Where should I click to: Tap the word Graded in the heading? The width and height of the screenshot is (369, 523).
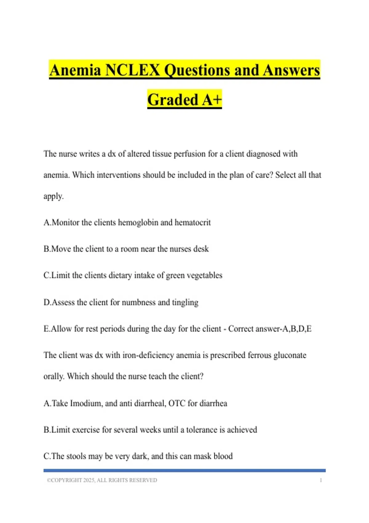click(x=173, y=100)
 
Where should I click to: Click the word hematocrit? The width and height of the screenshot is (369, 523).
click(x=192, y=222)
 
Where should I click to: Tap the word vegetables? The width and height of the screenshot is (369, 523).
click(x=204, y=275)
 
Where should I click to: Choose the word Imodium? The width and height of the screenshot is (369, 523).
click(x=86, y=403)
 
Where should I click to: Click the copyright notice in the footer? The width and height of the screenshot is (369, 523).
click(x=102, y=480)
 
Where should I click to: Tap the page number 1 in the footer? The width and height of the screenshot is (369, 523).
click(x=321, y=480)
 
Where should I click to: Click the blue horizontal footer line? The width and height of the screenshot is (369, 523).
click(x=184, y=470)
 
